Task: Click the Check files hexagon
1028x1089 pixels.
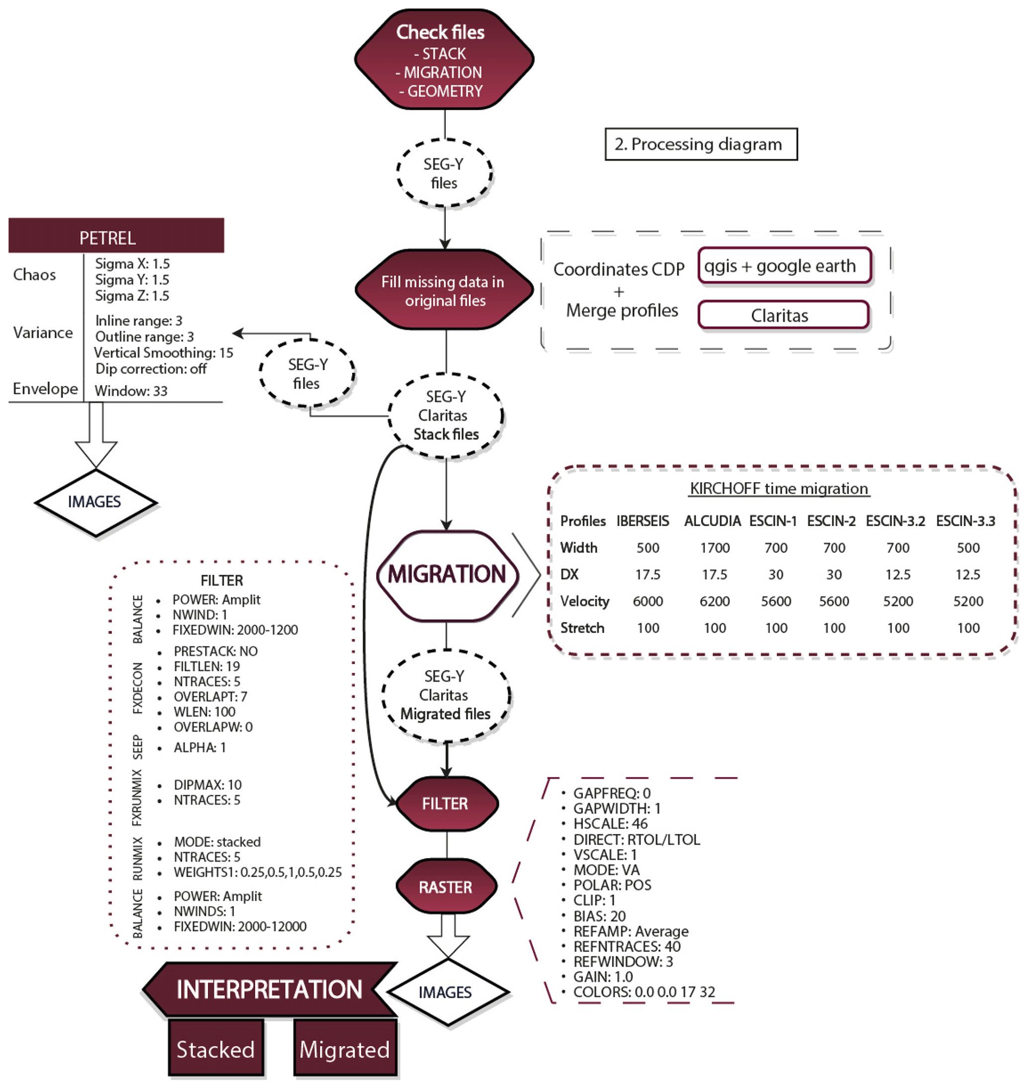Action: pyautogui.click(x=444, y=59)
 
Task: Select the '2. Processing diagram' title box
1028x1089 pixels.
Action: pyautogui.click(x=701, y=144)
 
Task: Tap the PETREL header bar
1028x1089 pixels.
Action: pyautogui.click(x=116, y=236)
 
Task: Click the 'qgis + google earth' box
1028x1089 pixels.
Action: pyautogui.click(x=784, y=266)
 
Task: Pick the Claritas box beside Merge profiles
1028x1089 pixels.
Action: pyautogui.click(x=783, y=315)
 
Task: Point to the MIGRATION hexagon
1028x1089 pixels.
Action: pyautogui.click(x=447, y=575)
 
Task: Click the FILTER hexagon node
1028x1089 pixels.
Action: pyautogui.click(x=446, y=804)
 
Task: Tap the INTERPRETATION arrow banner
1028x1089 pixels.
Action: pyautogui.click(x=269, y=990)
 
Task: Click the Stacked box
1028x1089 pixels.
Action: pyautogui.click(x=216, y=1050)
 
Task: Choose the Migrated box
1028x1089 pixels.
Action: pyautogui.click(x=345, y=1050)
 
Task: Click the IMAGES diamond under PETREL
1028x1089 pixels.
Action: pyautogui.click(x=95, y=502)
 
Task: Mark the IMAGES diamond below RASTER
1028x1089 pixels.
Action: pyautogui.click(x=447, y=992)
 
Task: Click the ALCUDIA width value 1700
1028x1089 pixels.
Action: pyautogui.click(x=715, y=548)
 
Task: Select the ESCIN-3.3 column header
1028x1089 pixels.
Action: pyautogui.click(x=965, y=521)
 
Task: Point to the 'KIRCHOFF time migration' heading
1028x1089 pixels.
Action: pyautogui.click(x=779, y=489)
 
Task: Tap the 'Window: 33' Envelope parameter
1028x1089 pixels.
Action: pyautogui.click(x=131, y=391)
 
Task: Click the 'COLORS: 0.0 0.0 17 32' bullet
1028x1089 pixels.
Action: pyautogui.click(x=644, y=992)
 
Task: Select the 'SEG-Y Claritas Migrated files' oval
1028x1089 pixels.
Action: pyautogui.click(x=446, y=695)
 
